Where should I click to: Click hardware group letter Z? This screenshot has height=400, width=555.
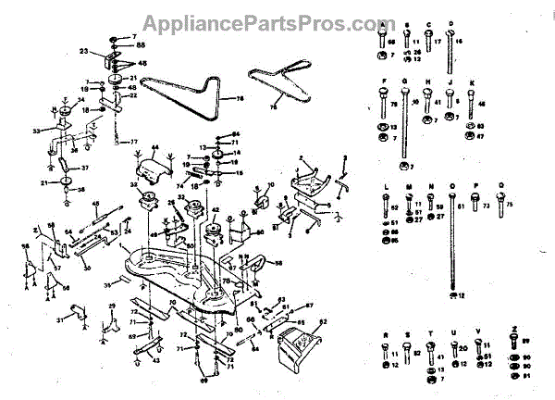click(x=513, y=330)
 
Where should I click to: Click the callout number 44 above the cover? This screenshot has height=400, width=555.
click(x=155, y=148)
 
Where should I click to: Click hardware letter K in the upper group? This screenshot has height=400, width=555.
click(x=472, y=82)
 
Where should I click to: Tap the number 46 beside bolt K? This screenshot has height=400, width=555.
click(x=481, y=104)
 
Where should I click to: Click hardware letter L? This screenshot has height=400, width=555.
click(x=383, y=186)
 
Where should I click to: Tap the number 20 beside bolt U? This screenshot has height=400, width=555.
click(x=464, y=349)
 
